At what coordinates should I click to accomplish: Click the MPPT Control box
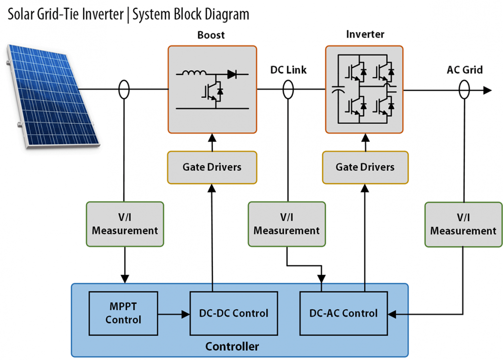coord(123,313)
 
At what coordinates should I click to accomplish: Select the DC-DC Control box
coord(233,313)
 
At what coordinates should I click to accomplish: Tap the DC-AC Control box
coord(343,313)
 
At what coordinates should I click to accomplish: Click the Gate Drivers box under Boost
coord(212,167)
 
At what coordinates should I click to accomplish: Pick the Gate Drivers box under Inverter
coord(365,167)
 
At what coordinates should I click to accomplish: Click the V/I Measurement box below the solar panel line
coord(125,224)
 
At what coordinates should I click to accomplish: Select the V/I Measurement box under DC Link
coord(287,224)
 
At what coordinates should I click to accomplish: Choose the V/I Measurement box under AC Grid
coord(463,224)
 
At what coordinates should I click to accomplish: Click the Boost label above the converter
coord(211,35)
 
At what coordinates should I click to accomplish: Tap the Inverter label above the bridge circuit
coord(365,35)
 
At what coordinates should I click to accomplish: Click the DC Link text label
coord(288,70)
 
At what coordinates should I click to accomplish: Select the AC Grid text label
coord(464,70)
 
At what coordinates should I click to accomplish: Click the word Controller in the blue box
coord(232,347)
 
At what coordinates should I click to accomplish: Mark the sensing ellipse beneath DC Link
coord(288,89)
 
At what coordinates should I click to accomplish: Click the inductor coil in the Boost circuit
coord(194,74)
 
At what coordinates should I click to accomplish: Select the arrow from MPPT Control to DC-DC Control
coord(173,314)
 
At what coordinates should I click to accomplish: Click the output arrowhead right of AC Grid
coord(487,90)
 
